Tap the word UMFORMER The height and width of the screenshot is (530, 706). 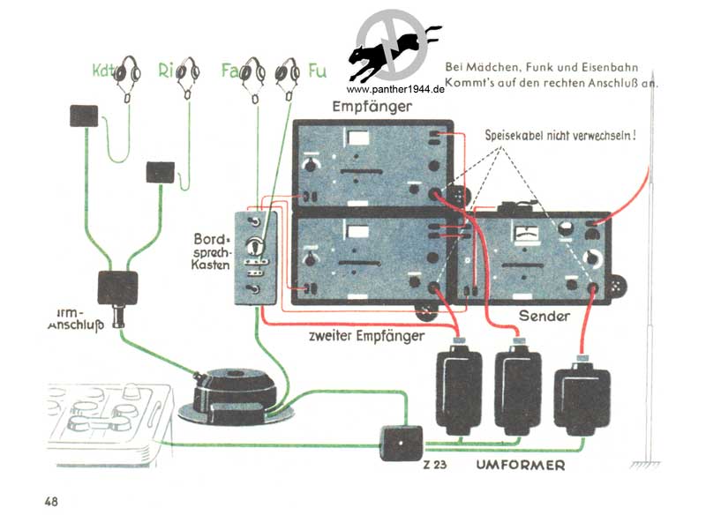pos(520,465)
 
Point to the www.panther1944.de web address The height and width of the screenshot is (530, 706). pos(394,90)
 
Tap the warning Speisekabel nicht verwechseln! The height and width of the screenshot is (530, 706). pos(560,136)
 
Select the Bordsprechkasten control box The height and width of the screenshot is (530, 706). pos(257,258)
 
